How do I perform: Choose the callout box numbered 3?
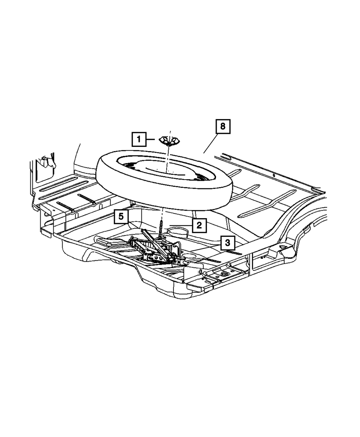[227, 243]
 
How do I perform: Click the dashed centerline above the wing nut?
[170, 132]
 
